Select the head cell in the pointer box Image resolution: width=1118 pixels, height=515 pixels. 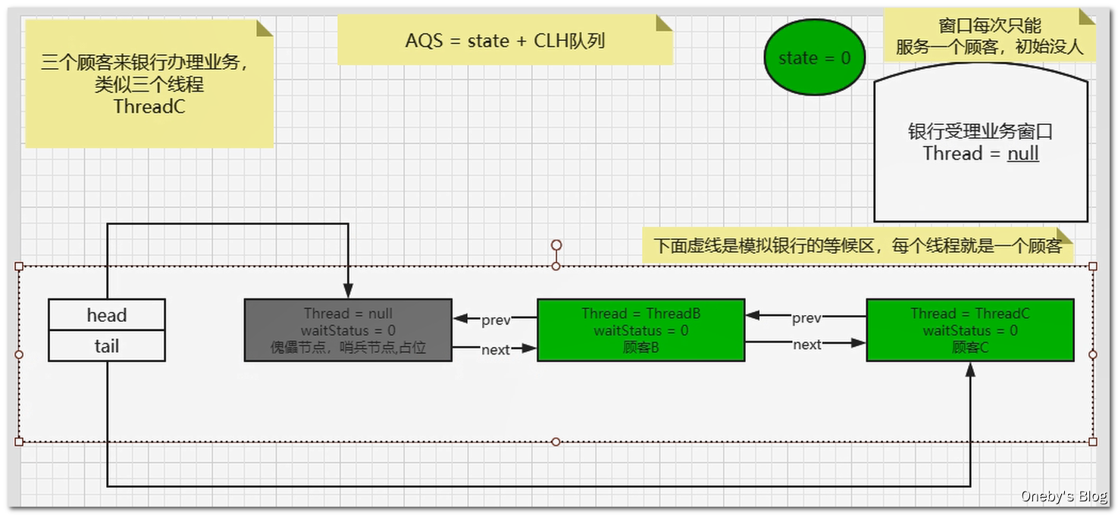(x=107, y=315)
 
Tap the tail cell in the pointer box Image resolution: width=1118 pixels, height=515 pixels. (x=107, y=346)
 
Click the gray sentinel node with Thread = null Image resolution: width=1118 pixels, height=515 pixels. (x=348, y=330)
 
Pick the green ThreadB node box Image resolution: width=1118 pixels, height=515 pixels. (x=640, y=330)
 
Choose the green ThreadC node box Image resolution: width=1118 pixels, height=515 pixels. (x=969, y=330)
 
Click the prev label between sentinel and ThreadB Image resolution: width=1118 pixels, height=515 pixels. (x=496, y=320)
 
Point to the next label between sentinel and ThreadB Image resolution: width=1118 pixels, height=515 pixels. (x=496, y=350)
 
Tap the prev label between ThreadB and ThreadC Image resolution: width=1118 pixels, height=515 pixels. (x=806, y=318)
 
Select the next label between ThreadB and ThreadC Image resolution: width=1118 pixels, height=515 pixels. (x=807, y=345)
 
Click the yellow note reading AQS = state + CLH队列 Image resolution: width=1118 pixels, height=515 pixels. (x=505, y=41)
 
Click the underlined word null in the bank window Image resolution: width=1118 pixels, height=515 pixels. (x=1022, y=154)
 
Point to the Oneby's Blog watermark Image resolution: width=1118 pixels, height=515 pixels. (x=1063, y=497)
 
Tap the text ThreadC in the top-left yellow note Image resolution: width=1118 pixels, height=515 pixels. (x=149, y=107)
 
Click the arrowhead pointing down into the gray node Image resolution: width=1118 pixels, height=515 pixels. (x=348, y=291)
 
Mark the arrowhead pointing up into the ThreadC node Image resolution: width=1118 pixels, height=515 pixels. (x=969, y=370)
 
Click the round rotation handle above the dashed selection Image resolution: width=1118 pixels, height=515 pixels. (x=556, y=245)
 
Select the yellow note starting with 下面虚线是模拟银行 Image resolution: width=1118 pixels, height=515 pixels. (x=858, y=246)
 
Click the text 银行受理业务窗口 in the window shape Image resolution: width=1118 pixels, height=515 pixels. (x=980, y=132)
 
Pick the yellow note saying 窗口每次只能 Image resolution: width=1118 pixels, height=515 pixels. (x=989, y=36)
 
